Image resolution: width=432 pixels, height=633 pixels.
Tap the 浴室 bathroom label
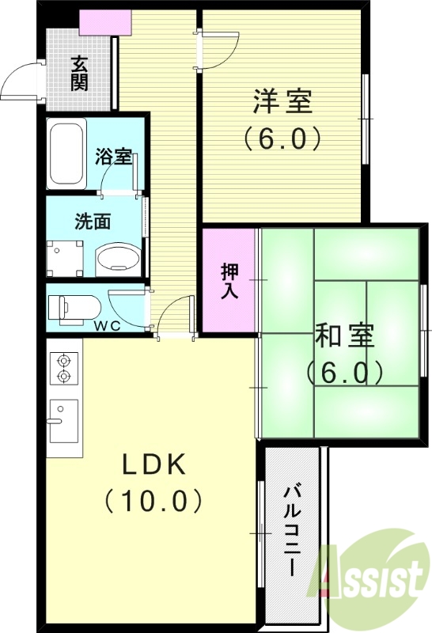[x=113, y=156]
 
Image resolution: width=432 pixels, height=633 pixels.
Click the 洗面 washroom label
[x=92, y=222]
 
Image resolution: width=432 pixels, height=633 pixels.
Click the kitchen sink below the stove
[x=63, y=420]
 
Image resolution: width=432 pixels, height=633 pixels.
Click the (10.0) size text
[x=153, y=501]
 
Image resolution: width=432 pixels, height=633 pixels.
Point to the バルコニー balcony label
[x=290, y=532]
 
